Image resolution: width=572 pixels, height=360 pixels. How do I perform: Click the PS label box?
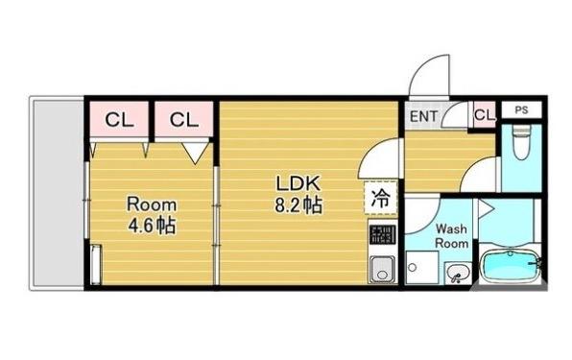522,109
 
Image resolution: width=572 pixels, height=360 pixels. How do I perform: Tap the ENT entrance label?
423,116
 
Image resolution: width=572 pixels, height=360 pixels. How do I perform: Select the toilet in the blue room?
522,142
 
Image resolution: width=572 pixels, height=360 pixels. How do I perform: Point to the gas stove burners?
382,234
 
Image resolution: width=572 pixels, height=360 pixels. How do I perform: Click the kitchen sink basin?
382,269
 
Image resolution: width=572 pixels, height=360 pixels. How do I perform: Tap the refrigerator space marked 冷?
381,198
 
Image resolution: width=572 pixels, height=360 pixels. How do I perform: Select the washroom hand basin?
456,273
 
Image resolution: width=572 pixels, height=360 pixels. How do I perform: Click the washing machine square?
421,267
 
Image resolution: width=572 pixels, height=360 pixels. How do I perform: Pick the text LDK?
298,183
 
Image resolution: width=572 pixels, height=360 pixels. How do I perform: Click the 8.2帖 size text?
298,205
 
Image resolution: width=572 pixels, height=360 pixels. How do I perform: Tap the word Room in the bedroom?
152,204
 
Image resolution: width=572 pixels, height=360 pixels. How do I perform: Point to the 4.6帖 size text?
152,226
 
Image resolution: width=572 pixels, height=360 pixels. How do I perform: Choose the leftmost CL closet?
119,119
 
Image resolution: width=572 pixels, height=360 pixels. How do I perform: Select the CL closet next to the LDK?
184,119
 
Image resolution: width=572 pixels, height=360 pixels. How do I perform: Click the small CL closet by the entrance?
485,115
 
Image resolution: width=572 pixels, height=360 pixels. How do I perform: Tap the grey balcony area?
59,193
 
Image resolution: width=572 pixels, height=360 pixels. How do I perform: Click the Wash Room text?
452,236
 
